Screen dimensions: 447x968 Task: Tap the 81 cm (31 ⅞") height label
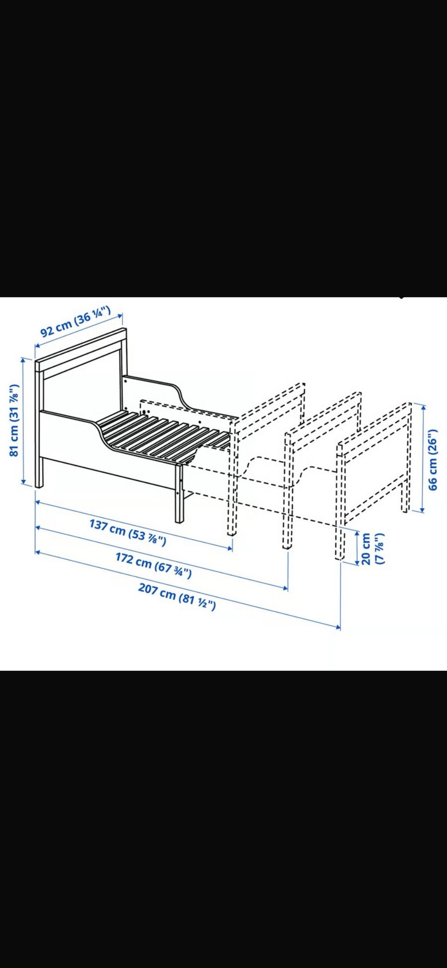tap(14, 421)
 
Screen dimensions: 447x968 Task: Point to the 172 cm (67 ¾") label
tap(153, 564)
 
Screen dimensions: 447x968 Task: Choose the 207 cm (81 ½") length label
tap(177, 596)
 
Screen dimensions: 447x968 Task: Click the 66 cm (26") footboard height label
tap(433, 459)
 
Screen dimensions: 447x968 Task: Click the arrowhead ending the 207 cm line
tap(338, 627)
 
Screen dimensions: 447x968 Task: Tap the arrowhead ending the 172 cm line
tap(285, 588)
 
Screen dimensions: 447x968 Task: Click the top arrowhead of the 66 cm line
tap(423, 406)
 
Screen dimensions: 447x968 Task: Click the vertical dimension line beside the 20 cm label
tap(357, 548)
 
